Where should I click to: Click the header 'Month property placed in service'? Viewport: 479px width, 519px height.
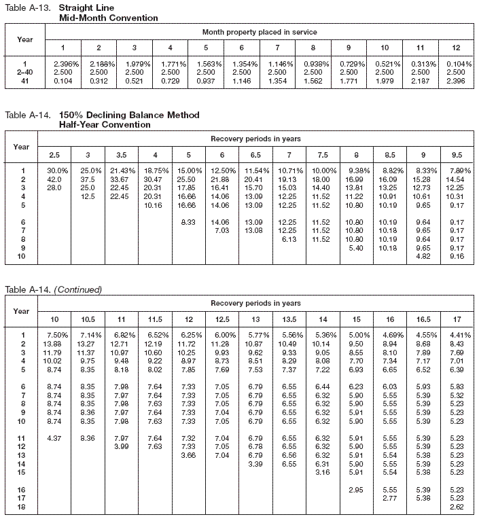(259, 32)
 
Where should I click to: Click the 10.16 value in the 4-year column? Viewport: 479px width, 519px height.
(166, 204)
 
